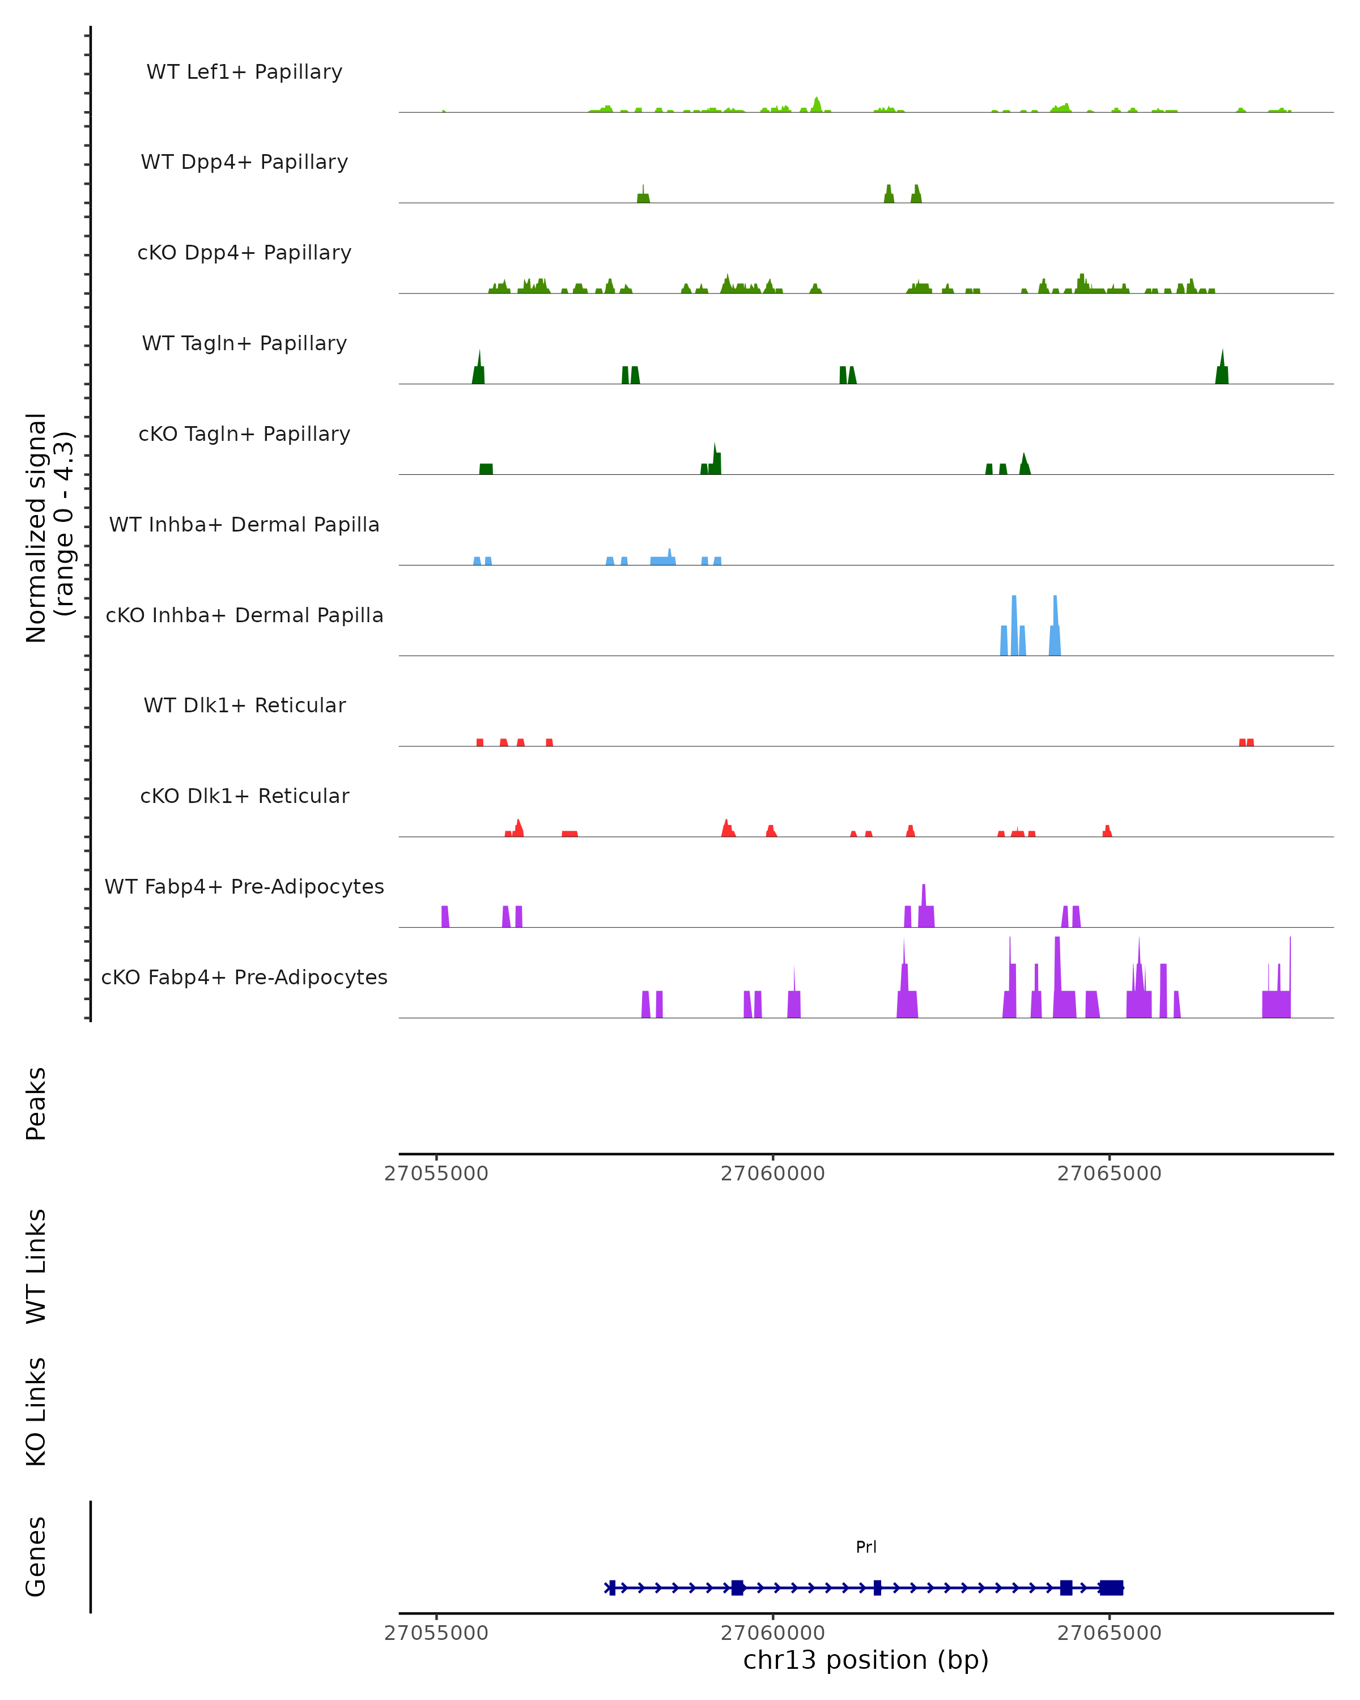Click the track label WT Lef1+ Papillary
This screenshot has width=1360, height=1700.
pyautogui.click(x=244, y=72)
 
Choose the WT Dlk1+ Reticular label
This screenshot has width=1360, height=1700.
pyautogui.click(x=244, y=705)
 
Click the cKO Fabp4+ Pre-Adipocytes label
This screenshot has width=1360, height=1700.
pyautogui.click(x=244, y=977)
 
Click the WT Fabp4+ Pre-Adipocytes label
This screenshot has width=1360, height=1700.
pyautogui.click(x=244, y=886)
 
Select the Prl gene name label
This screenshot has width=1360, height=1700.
pyautogui.click(x=866, y=1547)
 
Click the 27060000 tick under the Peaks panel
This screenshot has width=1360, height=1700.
pyautogui.click(x=772, y=1174)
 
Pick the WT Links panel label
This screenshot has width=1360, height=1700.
pyautogui.click(x=36, y=1266)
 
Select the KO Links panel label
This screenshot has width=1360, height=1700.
pyautogui.click(x=36, y=1412)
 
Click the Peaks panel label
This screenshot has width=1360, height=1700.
pyautogui.click(x=36, y=1104)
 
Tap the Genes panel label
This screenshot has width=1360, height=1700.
pyautogui.click(x=36, y=1557)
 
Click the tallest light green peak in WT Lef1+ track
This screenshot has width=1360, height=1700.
pyautogui.click(x=817, y=104)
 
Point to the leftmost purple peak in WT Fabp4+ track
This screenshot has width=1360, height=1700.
pyautogui.click(x=445, y=916)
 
